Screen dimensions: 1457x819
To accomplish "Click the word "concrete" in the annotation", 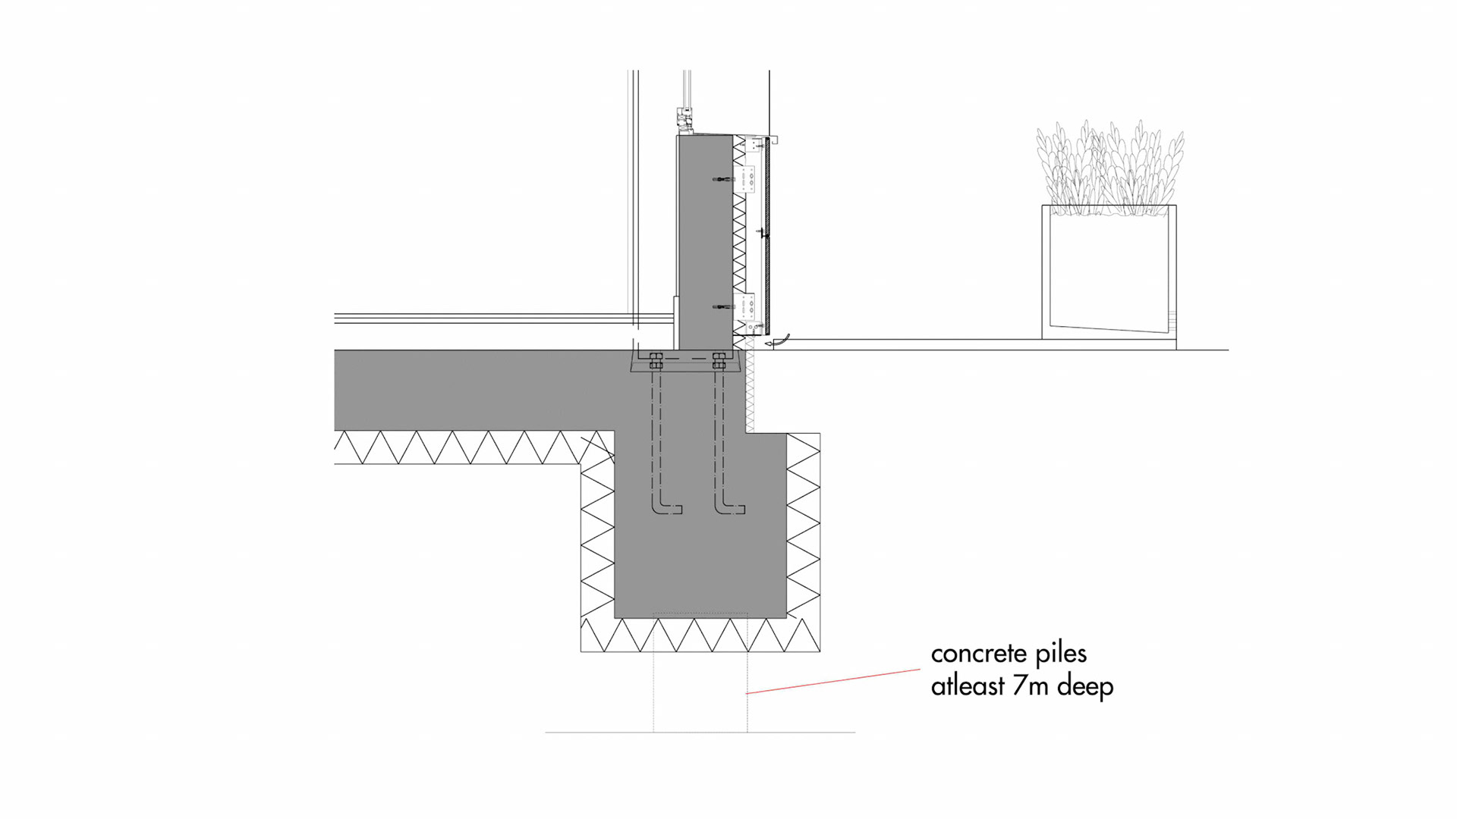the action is pos(978,654).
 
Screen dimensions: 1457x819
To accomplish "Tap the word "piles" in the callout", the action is pos(1062,654).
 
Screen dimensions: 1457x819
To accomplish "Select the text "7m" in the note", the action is pos(1031,686).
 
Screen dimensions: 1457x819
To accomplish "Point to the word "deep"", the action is pos(1085,687).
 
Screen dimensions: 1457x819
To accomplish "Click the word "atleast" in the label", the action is pos(968,686).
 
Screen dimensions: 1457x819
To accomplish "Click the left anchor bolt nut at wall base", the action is pos(656,361).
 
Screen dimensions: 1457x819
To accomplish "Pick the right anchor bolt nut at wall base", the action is pos(719,361).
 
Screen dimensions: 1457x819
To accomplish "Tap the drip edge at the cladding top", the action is pos(773,140).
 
